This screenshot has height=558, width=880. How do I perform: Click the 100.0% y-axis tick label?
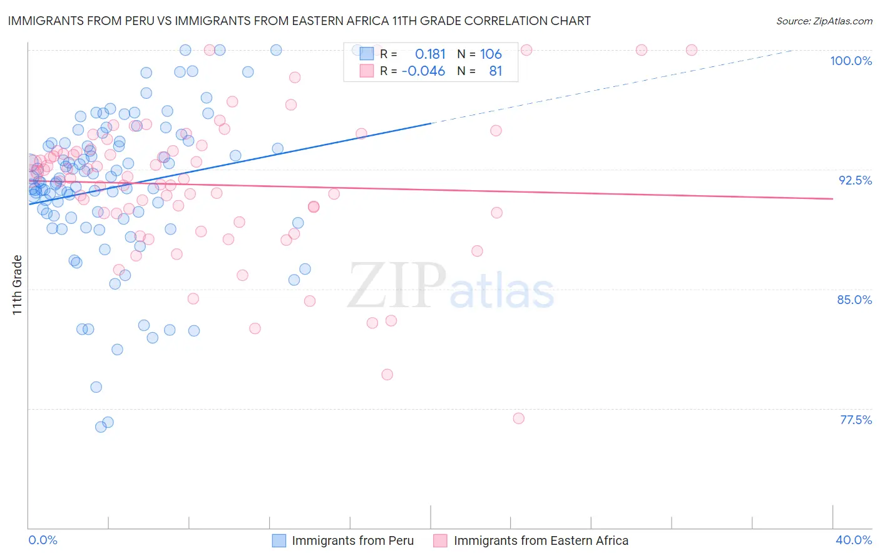851,61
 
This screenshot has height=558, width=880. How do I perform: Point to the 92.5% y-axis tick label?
855,180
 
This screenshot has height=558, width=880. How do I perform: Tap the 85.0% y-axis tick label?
854,300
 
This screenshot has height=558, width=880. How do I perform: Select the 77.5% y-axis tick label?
856,420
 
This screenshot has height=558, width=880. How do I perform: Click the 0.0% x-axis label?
43,540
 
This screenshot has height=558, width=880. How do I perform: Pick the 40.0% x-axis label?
854,540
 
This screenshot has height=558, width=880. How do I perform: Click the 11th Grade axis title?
18,285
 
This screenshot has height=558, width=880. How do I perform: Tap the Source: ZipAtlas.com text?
824,21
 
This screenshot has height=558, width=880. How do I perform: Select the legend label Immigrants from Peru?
352,540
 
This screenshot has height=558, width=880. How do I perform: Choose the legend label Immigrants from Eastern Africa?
541,540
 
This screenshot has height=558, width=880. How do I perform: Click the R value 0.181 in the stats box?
430,54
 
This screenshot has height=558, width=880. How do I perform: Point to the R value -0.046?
423,71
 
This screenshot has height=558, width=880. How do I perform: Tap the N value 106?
491,54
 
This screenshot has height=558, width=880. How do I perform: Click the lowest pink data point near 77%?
518,418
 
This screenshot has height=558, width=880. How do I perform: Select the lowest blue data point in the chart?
101,427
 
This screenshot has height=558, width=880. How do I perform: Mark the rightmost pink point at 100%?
692,50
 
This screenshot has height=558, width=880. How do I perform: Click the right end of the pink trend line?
832,198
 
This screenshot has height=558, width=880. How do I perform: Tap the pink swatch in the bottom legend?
440,540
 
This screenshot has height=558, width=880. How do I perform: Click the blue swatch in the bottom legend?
279,540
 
